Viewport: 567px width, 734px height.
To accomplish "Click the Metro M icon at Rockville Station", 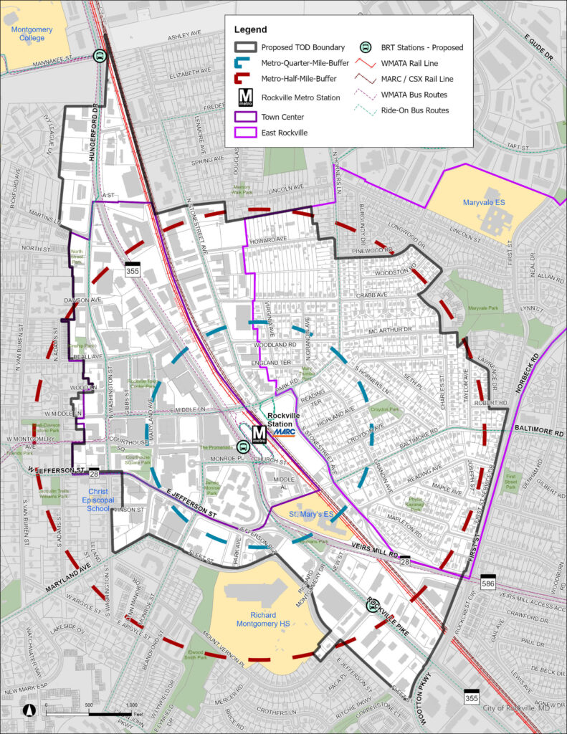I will [x=259, y=434].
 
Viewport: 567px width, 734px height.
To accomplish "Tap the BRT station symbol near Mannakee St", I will [x=100, y=56].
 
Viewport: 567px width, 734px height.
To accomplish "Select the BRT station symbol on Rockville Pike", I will [x=371, y=606].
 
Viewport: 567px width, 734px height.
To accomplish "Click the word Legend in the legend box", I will [x=250, y=30].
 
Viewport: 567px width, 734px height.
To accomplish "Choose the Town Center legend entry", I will [x=282, y=117].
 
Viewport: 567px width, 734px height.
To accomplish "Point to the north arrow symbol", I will [x=29, y=710].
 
